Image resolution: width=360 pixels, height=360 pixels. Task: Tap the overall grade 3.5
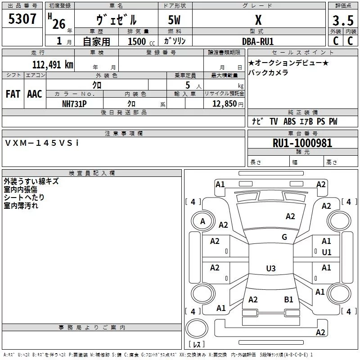[x=342, y=21]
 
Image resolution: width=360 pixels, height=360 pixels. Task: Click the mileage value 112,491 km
[x=53, y=64]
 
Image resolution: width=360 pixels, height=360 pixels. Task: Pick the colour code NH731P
[x=74, y=103]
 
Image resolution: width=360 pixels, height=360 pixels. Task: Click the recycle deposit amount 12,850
[x=224, y=104]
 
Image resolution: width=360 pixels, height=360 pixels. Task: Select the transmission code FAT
[x=13, y=94]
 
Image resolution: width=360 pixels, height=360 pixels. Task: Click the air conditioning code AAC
[x=35, y=94]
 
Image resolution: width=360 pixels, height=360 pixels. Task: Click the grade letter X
[x=258, y=20]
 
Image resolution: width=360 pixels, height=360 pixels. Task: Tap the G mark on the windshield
[x=284, y=237]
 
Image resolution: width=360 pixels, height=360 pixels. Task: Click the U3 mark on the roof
[x=270, y=269]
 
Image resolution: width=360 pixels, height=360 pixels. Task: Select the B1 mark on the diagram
[x=288, y=299]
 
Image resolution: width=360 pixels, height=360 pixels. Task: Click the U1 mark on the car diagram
[x=326, y=252]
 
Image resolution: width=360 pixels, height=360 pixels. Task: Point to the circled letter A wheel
[x=202, y=221]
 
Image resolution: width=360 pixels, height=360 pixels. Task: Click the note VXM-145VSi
[x=42, y=143]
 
